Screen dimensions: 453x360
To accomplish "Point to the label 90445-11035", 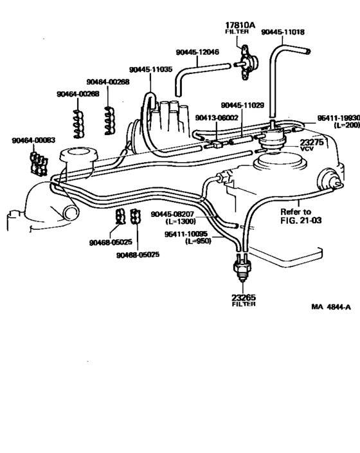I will point(150,69).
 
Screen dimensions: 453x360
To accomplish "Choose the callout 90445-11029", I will point(242,105).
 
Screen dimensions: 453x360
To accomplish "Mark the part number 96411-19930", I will point(338,118).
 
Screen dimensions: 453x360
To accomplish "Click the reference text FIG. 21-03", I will point(299,219).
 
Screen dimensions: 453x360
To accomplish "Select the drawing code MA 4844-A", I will point(330,307).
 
